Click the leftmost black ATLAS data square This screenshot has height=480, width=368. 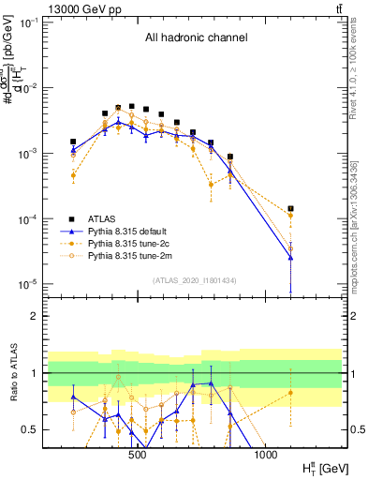click(73, 142)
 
